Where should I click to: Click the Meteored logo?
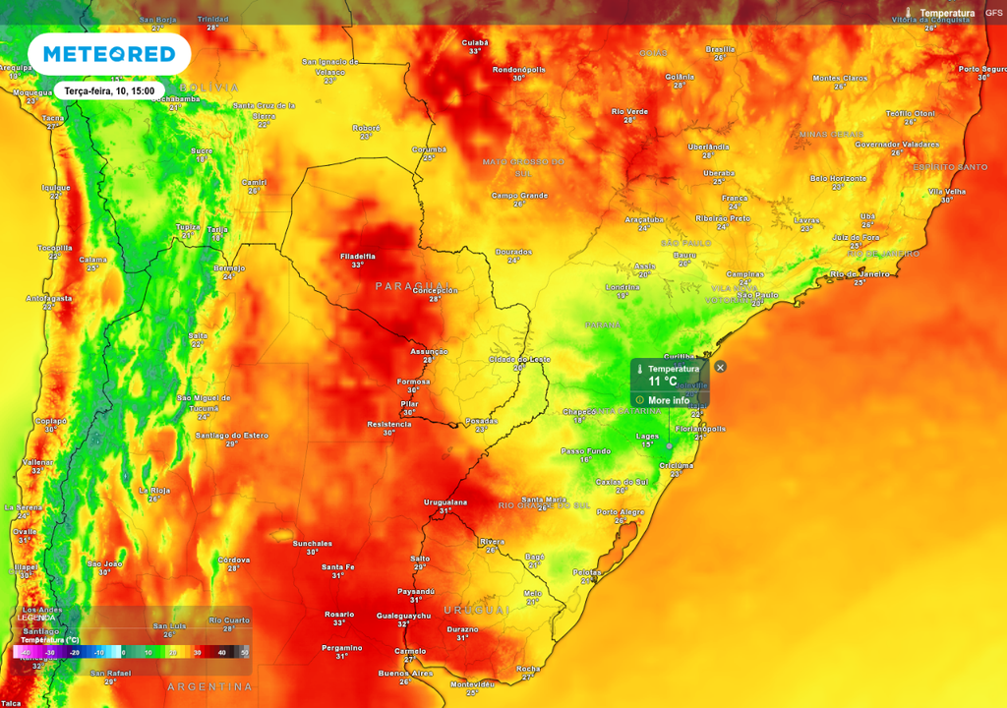108,54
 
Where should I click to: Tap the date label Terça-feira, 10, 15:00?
108,90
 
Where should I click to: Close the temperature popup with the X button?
720,367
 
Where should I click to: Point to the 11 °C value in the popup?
662,381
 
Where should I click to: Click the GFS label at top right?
993,13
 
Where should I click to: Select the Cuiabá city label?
475,43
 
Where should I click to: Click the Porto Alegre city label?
621,511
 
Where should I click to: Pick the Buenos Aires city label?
405,673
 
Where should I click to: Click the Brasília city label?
720,49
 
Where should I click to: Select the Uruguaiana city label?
444,501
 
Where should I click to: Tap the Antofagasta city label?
48,298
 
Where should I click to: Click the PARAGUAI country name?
404,285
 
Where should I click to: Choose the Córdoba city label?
233,560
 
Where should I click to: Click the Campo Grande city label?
519,195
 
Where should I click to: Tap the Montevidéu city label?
471,683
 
